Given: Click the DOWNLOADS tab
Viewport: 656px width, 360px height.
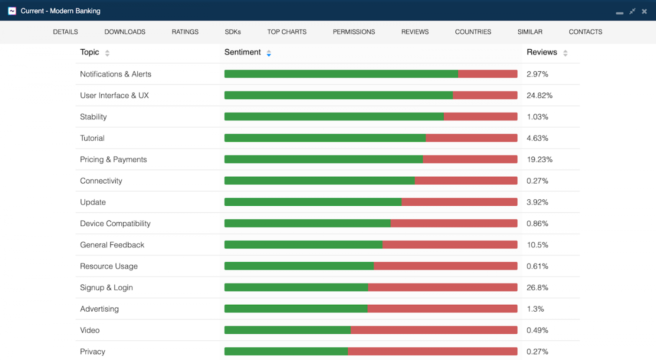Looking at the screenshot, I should tap(125, 32).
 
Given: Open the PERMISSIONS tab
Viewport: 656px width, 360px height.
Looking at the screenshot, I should tap(354, 32).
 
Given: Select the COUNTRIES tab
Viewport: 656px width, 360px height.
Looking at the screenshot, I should tap(473, 32).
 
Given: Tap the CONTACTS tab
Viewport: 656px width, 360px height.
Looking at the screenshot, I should tap(585, 32).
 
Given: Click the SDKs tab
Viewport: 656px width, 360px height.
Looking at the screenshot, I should tap(233, 32).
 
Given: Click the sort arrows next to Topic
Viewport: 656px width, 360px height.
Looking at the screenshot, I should tap(107, 53).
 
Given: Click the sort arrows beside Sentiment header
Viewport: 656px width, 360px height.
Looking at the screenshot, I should tap(268, 53).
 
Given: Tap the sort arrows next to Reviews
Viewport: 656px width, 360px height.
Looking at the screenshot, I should tap(565, 53).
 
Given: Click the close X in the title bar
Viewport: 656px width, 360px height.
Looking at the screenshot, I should tap(644, 11).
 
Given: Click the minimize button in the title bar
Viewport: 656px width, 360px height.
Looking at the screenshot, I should tap(619, 12).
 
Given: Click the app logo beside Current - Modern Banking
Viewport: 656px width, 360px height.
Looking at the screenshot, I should tap(12, 11).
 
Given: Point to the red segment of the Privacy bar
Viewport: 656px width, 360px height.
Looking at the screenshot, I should tap(432, 352).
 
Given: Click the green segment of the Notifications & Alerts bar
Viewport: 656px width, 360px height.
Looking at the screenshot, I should tap(341, 74).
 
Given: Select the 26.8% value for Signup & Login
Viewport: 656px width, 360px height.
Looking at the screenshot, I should tap(537, 287).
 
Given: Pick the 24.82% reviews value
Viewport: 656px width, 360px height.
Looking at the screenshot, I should tap(539, 95).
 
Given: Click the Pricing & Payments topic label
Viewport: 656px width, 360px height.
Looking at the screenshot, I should tap(113, 159).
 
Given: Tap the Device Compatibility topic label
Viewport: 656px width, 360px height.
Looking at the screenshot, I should tap(115, 224).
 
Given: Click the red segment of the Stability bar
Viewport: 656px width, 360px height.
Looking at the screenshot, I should tap(480, 117).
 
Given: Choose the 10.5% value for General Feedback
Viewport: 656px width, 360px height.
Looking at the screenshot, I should tap(537, 245).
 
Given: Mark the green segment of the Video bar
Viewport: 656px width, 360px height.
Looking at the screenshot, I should tap(287, 330).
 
